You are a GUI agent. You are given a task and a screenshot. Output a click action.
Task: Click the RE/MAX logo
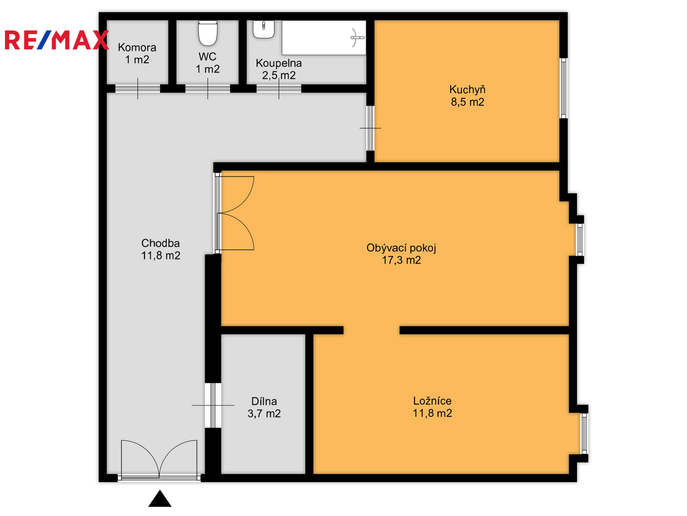pyautogui.click(x=57, y=40)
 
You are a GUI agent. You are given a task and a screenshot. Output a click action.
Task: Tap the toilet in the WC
pyautogui.click(x=208, y=33)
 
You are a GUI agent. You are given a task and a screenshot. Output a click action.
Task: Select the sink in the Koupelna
pyautogui.click(x=263, y=30)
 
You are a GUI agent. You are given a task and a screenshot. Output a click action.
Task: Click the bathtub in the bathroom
pyautogui.click(x=323, y=38)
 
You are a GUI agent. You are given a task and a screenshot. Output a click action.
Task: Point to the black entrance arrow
pyautogui.click(x=160, y=498)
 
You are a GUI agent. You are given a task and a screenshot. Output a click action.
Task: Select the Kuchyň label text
pyautogui.click(x=467, y=90)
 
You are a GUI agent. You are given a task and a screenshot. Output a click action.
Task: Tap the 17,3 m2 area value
pyautogui.click(x=401, y=260)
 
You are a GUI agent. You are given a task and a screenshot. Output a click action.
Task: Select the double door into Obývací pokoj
pyautogui.click(x=235, y=213)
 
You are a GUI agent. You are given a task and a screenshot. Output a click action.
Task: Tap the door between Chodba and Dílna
pyautogui.click(x=213, y=405)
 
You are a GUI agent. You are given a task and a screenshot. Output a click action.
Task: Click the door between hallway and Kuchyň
pyautogui.click(x=370, y=128)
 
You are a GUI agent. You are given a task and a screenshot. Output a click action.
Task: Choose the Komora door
pyautogui.click(x=138, y=89)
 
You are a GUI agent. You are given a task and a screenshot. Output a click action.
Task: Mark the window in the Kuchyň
pyautogui.click(x=563, y=88)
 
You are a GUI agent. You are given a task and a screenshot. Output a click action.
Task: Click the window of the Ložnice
pyautogui.click(x=584, y=433)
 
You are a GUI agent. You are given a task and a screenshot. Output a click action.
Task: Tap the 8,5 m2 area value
pyautogui.click(x=467, y=102)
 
